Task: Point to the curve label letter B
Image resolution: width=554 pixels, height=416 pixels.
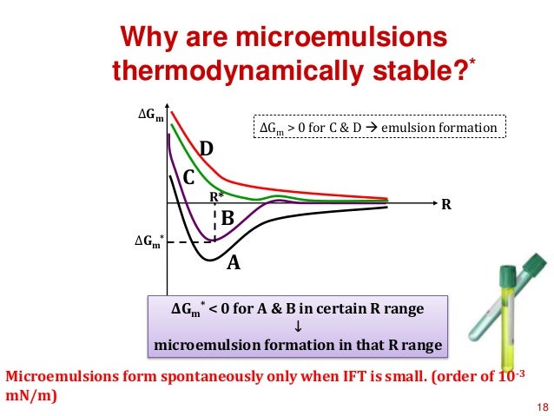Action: click(x=228, y=219)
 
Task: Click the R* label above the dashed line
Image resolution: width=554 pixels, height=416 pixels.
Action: click(x=216, y=197)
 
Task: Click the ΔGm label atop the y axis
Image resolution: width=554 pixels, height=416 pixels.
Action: click(x=152, y=114)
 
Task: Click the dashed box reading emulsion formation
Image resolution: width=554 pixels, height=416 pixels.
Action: click(x=379, y=129)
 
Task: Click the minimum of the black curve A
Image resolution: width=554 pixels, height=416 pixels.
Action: click(x=209, y=260)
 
